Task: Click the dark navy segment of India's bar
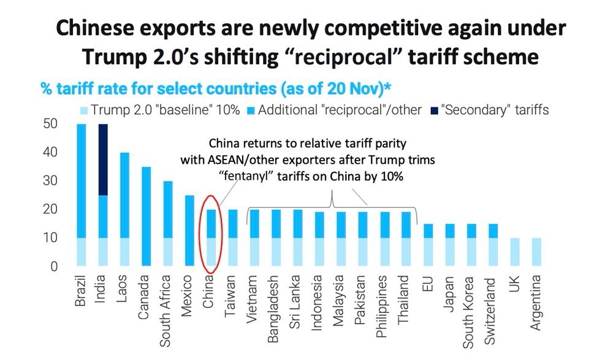103,159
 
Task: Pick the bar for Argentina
536,252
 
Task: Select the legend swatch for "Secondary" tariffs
435,110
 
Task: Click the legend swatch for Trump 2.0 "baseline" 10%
83,110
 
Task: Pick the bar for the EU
428,245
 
